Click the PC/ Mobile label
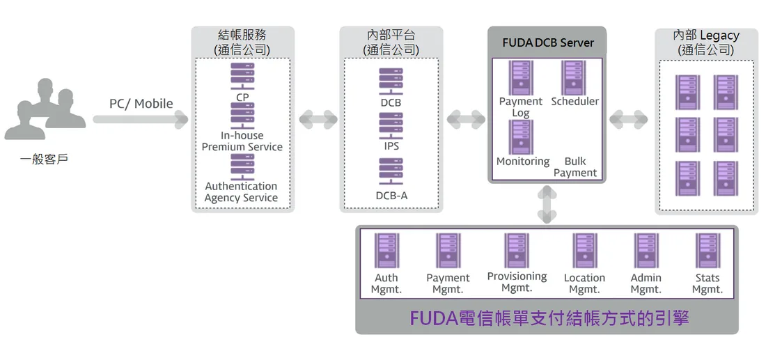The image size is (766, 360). [141, 104]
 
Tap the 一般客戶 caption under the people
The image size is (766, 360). [44, 159]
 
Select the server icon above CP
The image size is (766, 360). [242, 77]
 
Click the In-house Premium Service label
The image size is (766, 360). [242, 141]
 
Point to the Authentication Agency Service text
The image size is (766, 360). [241, 192]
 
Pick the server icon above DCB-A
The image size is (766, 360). [391, 171]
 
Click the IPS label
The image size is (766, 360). [391, 146]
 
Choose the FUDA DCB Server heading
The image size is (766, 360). [548, 42]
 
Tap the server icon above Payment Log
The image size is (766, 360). [520, 78]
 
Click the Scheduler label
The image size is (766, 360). [575, 102]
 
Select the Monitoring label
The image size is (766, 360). [523, 161]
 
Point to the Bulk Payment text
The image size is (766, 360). [575, 167]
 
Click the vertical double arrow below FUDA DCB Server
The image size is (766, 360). [547, 204]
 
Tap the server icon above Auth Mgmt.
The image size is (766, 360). [386, 251]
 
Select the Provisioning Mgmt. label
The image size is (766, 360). [517, 282]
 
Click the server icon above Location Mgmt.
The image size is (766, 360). [585, 251]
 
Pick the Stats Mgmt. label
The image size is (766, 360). [708, 283]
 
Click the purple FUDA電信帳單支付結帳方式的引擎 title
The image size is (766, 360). [549, 318]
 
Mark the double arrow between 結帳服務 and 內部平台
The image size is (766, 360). [318, 119]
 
